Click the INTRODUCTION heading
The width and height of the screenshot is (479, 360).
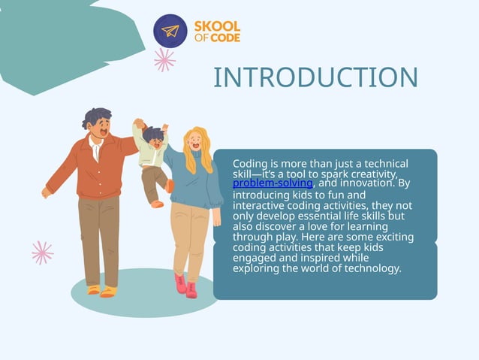[315, 77]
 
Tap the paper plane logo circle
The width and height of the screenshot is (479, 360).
[170, 31]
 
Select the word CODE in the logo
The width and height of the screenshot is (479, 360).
[225, 38]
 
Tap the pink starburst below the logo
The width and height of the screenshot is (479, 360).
[164, 60]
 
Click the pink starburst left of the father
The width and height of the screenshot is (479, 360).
[42, 252]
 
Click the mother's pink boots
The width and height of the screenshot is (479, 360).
[185, 285]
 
